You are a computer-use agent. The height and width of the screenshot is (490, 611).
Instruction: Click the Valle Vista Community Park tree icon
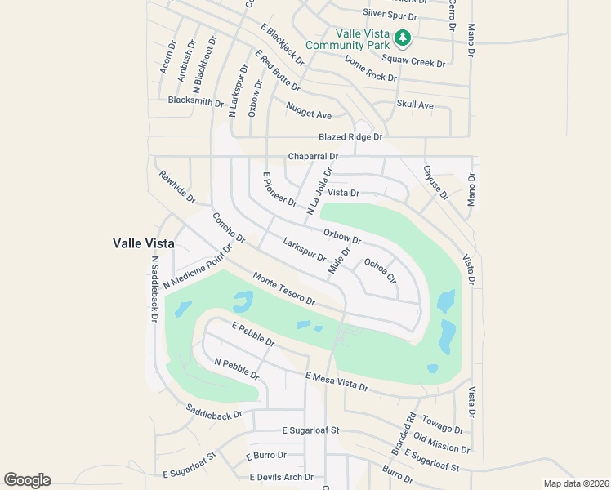(402, 38)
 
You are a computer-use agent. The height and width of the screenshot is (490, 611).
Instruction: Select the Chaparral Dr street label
(313, 156)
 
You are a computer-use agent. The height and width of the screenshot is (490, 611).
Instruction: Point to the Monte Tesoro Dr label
(284, 289)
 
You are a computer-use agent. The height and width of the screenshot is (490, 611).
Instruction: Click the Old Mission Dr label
(441, 443)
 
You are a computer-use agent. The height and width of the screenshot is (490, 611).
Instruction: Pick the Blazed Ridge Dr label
(350, 137)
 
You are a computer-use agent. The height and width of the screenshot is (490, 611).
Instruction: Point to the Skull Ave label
(415, 105)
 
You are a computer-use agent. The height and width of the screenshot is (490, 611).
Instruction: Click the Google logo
(27, 480)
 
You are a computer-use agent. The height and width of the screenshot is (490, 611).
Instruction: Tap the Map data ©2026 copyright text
(575, 483)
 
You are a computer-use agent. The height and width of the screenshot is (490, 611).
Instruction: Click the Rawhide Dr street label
(177, 186)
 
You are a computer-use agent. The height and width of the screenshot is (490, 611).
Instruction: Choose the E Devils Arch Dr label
(281, 477)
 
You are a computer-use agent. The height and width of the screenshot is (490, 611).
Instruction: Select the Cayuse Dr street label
(435, 181)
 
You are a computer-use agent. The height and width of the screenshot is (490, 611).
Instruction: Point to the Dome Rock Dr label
(370, 68)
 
